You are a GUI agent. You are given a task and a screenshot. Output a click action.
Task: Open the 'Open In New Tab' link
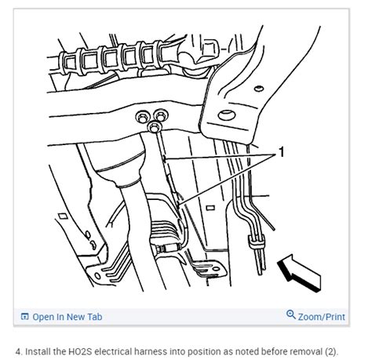pyautogui.click(x=67, y=317)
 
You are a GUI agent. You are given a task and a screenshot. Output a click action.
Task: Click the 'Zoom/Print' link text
pyautogui.click(x=322, y=317)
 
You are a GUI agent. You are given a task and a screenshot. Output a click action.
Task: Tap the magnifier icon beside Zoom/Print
pyautogui.click(x=291, y=316)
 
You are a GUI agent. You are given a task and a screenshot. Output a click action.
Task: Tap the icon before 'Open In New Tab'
pyautogui.click(x=25, y=317)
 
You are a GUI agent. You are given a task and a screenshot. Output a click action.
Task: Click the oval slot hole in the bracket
pyautogui.click(x=228, y=117)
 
